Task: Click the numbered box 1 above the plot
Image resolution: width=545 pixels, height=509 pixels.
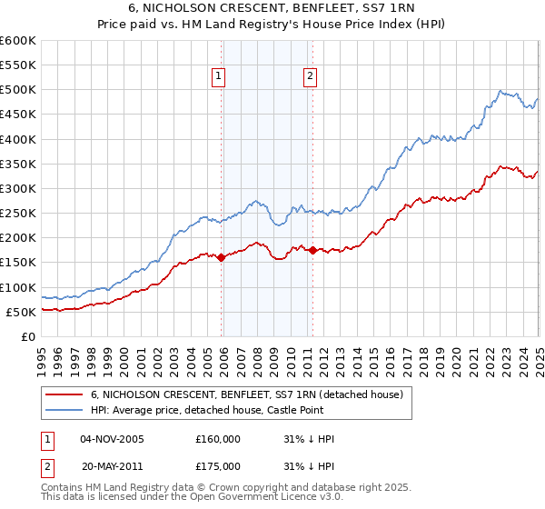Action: click(x=221, y=77)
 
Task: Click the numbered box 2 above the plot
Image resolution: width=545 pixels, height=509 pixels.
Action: click(x=311, y=77)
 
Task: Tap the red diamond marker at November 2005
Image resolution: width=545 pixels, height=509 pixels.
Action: click(x=221, y=257)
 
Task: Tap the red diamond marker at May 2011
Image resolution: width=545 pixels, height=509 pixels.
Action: click(x=312, y=250)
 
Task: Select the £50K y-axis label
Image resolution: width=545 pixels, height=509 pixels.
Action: click(x=22, y=312)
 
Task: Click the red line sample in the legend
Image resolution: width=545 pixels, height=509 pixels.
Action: click(x=64, y=394)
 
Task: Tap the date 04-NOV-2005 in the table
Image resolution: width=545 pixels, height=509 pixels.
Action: click(x=113, y=438)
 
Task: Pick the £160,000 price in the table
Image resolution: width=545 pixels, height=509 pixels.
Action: click(x=218, y=438)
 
